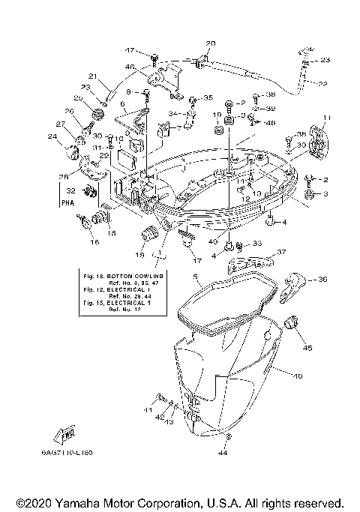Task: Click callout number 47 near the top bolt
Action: pos(129,50)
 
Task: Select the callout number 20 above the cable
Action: pos(210,43)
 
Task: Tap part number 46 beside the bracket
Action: pos(130,67)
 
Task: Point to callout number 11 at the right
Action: pos(325,118)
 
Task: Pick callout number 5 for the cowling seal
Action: pos(196,277)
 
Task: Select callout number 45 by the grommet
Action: pos(307,347)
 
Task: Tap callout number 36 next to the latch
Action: pos(323,280)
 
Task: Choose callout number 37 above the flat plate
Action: pos(282,253)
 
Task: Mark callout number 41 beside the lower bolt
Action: pos(148,411)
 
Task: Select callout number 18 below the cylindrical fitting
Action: pos(140,256)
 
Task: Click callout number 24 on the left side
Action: pos(52,136)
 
